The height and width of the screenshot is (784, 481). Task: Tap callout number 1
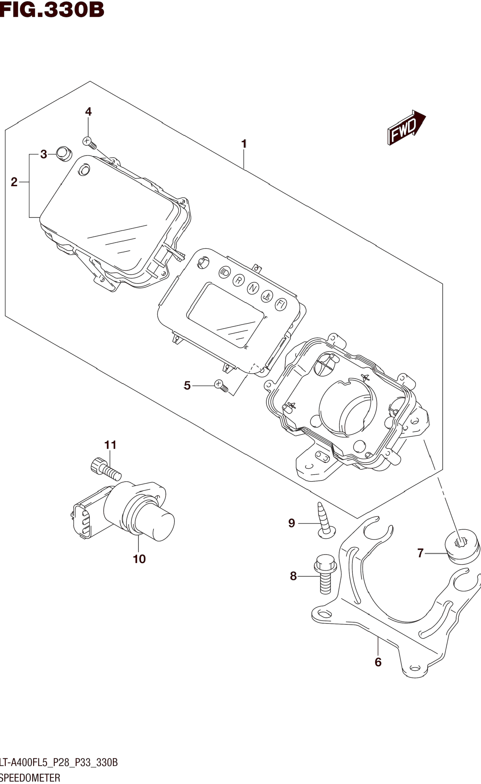pyautogui.click(x=244, y=144)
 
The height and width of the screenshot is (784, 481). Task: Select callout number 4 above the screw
pyautogui.click(x=88, y=112)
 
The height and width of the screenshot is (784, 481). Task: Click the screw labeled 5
pyautogui.click(x=221, y=386)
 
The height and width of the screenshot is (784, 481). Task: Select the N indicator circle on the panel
pyautogui.click(x=253, y=288)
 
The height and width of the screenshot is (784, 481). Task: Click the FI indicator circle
pyautogui.click(x=281, y=304)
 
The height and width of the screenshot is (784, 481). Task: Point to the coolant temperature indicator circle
pyautogui.click(x=267, y=297)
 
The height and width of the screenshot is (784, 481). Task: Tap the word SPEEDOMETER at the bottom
pyautogui.click(x=30, y=778)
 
